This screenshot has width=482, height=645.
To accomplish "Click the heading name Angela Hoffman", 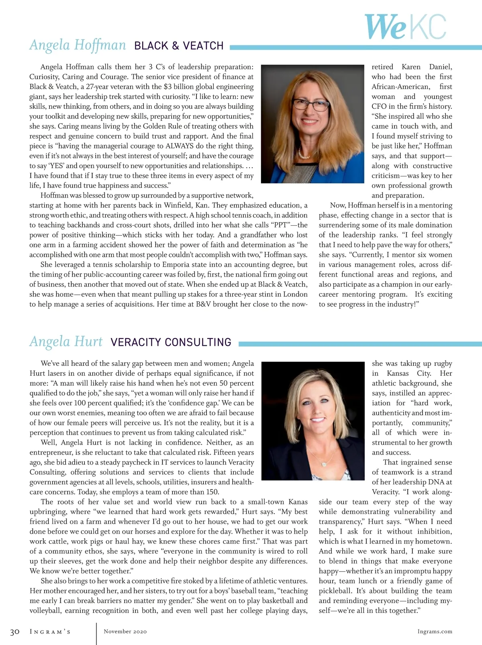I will [78, 45].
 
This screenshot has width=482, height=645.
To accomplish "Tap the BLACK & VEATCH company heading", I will [179, 46].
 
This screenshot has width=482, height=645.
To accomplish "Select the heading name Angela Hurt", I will [66, 342].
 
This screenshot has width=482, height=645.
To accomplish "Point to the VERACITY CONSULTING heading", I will [171, 342].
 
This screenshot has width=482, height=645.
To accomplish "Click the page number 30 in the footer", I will [15, 632].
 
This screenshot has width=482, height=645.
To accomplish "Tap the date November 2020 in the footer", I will [125, 631].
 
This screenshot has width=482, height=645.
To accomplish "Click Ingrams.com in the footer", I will [435, 631].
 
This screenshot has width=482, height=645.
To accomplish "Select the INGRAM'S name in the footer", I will [50, 632].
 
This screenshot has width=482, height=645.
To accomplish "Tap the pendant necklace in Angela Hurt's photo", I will [324, 464].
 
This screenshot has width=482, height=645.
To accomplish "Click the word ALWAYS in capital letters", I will [180, 146].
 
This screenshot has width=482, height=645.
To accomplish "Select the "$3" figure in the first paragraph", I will [168, 87].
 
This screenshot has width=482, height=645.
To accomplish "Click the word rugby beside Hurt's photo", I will [443, 363].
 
